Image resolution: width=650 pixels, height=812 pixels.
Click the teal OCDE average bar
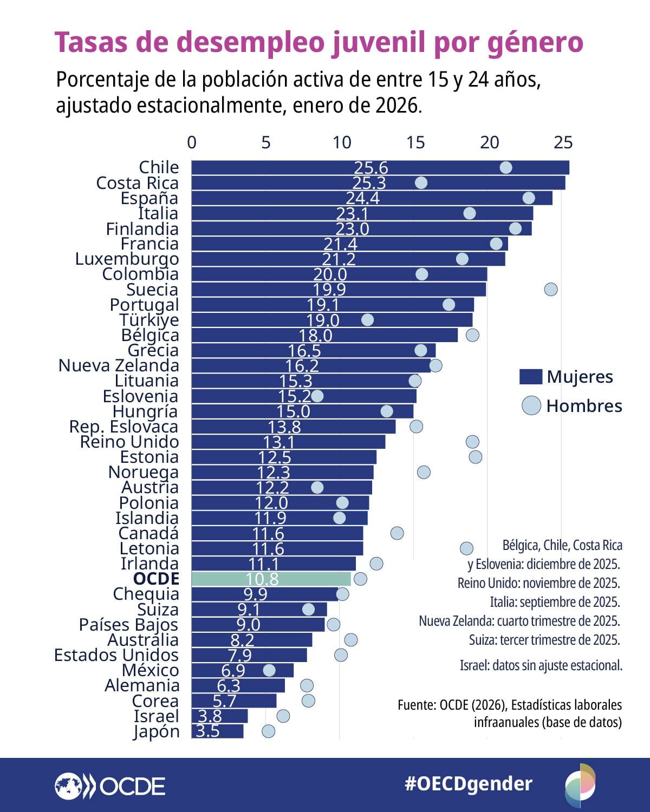tap(271, 579)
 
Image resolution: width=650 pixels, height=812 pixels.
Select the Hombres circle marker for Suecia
tap(550, 289)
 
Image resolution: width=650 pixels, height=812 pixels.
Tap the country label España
tap(149, 198)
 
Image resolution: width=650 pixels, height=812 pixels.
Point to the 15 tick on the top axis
tap(415, 142)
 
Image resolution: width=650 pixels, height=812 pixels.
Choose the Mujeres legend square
tap(530, 377)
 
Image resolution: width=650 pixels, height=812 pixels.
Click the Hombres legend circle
tap(531, 405)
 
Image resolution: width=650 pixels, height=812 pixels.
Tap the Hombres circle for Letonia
tap(466, 548)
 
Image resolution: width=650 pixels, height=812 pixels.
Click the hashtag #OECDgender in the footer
tap(469, 783)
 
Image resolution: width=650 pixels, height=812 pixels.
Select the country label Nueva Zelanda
tap(119, 365)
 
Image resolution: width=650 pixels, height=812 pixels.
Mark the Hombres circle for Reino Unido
tap(472, 442)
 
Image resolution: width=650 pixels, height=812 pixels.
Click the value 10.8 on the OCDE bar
tap(262, 579)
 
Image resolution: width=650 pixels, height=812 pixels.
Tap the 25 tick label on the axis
tap(563, 142)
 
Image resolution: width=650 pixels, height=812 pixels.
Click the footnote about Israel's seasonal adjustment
tap(541, 665)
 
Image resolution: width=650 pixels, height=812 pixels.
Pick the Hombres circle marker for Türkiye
tap(367, 320)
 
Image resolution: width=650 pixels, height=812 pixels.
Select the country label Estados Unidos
tap(116, 655)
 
